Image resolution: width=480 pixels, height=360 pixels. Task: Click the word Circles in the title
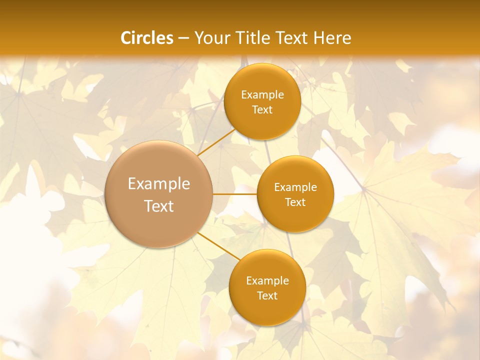[146, 38]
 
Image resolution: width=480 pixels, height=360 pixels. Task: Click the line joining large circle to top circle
[216, 142]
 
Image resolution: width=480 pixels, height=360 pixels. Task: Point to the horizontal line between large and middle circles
[234, 194]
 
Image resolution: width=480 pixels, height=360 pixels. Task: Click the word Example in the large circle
[159, 184]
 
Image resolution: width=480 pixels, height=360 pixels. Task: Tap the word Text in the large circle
[159, 206]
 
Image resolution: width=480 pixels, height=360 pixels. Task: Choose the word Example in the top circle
[262, 95]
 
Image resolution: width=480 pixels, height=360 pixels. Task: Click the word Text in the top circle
[262, 110]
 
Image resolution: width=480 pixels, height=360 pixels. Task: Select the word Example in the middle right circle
[295, 187]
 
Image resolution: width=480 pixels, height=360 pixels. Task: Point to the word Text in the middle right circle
[295, 202]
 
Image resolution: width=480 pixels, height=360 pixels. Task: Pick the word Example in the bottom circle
[267, 281]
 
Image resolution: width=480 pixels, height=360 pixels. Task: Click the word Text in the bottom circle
[267, 296]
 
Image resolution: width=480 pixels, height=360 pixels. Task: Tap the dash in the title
[183, 38]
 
